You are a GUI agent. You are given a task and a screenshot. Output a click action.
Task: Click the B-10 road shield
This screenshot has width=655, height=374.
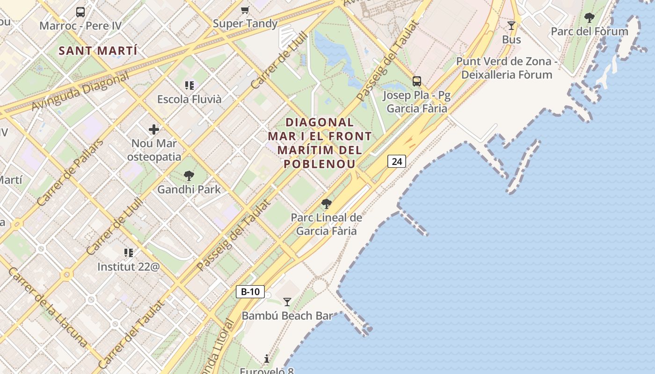[250, 292]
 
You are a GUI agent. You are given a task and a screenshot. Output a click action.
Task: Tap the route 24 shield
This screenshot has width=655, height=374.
[396, 161]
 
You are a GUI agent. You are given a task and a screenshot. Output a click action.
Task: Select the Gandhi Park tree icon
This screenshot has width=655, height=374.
[189, 176]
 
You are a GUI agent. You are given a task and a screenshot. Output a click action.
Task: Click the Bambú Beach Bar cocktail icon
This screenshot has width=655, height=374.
[287, 302]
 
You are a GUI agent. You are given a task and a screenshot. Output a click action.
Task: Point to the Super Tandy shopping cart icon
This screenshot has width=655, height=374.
[245, 10]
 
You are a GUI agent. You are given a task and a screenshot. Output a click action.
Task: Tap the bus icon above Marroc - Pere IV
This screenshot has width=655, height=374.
[80, 12]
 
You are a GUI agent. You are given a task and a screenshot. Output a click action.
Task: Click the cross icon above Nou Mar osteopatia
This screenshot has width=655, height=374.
[154, 129]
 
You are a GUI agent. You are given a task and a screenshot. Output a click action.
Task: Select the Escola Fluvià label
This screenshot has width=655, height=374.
[189, 99]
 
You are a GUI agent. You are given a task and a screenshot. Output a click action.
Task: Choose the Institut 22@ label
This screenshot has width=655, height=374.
[128, 266]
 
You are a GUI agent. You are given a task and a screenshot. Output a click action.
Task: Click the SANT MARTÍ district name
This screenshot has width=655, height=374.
[98, 50]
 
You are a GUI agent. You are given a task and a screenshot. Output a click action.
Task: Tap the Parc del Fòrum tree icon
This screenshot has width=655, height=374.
[589, 18]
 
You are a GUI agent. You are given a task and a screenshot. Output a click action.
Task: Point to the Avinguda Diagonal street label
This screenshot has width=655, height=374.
[80, 92]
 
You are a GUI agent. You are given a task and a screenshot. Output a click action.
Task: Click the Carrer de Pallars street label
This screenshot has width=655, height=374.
[70, 173]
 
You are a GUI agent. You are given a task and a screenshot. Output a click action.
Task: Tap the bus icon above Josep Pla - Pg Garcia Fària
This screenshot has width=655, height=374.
[416, 81]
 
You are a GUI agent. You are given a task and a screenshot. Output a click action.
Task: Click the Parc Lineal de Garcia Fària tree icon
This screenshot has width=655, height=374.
[327, 204]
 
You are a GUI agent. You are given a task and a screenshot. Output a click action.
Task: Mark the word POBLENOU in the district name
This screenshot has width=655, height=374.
[320, 164]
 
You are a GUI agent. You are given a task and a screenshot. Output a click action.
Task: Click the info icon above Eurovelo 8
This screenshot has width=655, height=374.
[267, 359]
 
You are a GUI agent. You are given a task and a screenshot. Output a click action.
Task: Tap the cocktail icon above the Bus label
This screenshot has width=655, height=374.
[511, 26]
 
